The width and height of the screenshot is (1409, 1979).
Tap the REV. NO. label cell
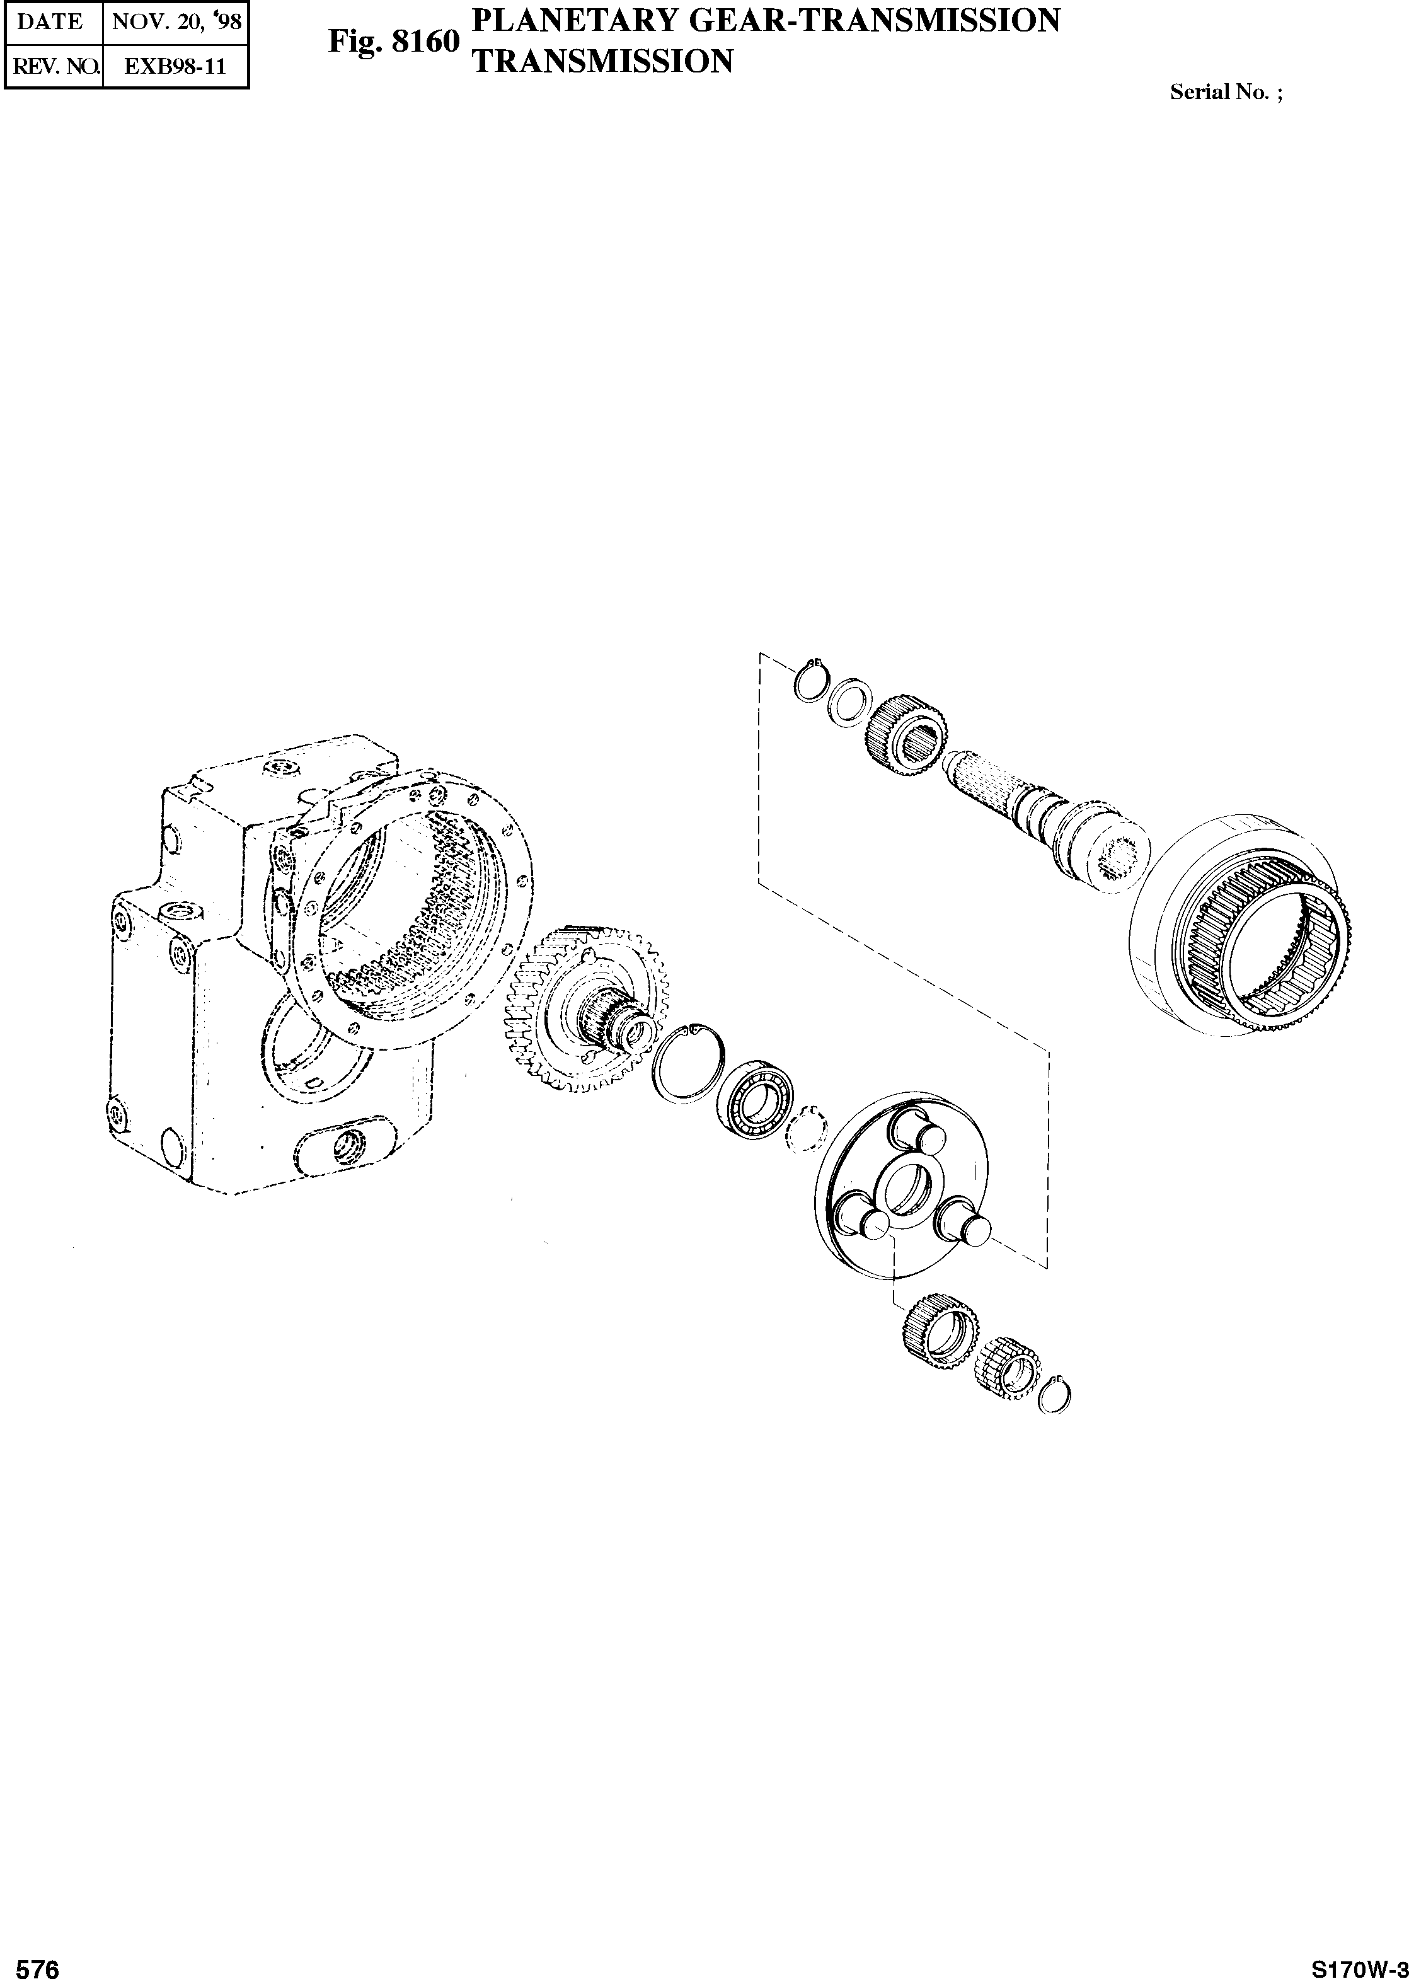54,66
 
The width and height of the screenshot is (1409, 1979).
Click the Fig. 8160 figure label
392,41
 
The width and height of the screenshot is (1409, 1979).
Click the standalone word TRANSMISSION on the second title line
601,61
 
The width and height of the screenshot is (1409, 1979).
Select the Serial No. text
1225,92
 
